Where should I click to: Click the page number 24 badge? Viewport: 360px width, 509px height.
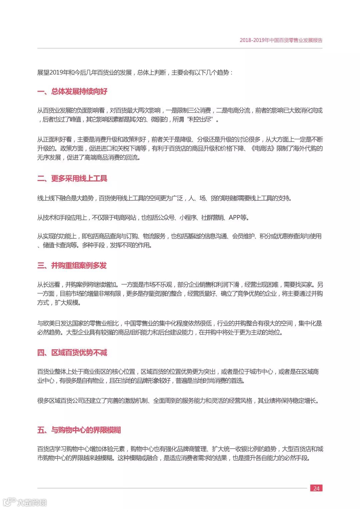click(x=316, y=488)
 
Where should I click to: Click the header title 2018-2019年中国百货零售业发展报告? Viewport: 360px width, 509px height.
click(x=281, y=40)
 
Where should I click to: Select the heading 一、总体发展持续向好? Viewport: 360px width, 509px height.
click(x=72, y=91)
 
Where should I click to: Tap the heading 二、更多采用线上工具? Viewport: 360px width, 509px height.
click(x=72, y=178)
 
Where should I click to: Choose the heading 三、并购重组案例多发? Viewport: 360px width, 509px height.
click(x=72, y=265)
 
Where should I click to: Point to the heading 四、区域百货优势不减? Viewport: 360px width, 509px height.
click(x=72, y=352)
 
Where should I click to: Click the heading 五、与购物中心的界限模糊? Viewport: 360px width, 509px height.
click(x=79, y=430)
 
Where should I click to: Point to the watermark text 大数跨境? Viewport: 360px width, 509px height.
click(x=32, y=502)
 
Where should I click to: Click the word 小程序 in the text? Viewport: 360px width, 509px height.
click(x=188, y=218)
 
